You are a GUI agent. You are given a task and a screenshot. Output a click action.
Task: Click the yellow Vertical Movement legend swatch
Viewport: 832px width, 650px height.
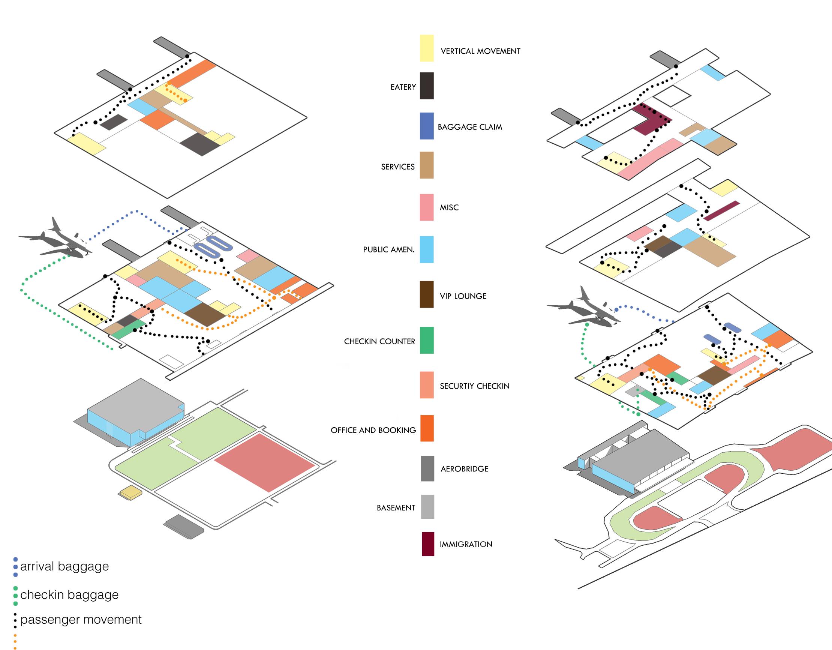coord(427,48)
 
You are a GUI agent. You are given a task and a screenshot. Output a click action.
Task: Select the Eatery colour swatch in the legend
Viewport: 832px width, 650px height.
coord(427,86)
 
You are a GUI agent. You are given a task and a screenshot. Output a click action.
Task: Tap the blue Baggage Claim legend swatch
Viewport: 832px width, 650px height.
coord(427,126)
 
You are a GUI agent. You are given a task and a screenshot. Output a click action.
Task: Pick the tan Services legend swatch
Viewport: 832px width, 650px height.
coord(427,165)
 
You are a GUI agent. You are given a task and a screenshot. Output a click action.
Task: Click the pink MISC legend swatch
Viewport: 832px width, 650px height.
coord(427,207)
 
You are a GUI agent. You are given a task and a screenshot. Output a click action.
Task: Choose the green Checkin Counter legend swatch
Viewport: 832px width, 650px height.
coord(427,340)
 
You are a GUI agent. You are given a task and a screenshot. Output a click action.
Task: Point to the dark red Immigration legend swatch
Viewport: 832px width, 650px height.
coord(428,544)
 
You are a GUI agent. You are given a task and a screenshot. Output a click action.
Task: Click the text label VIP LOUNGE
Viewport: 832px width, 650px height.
coord(463,296)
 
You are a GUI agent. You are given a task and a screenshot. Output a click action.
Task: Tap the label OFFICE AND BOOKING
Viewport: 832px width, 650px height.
coord(373,430)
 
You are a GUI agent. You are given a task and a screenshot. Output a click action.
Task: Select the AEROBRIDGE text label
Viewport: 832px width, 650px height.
coord(465,468)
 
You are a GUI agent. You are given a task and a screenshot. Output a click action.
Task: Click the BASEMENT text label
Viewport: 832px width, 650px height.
coord(396,508)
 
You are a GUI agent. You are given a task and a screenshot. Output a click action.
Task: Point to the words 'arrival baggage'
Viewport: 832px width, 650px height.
coord(64,566)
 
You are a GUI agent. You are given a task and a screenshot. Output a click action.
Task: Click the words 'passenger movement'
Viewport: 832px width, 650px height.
coord(81,620)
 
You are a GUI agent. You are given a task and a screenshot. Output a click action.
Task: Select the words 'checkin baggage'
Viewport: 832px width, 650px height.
coord(69,595)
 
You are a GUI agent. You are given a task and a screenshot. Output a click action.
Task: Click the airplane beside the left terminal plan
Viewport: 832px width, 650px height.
coord(57,241)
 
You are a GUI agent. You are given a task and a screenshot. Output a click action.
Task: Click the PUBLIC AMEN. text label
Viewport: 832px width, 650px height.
coord(388,250)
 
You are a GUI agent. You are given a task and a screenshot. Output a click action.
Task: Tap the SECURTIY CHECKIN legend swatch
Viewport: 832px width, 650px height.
coord(427,385)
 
